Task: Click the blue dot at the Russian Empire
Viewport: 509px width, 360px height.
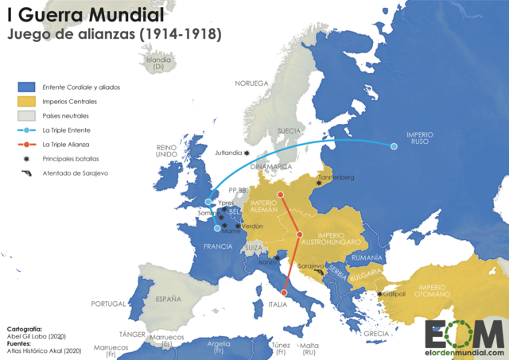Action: (393, 146)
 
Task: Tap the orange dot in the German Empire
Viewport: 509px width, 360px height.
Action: (281, 195)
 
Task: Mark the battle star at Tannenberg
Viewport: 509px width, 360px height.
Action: (319, 184)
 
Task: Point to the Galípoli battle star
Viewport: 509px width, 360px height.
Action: (380, 294)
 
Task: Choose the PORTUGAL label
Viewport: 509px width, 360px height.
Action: (109, 304)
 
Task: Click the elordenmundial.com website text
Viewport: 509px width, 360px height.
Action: (464, 352)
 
